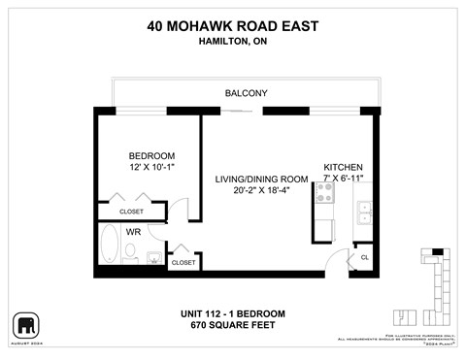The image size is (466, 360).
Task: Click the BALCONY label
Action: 246,93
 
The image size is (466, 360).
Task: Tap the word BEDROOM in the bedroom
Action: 151,156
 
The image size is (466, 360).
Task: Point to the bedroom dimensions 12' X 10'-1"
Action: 151,169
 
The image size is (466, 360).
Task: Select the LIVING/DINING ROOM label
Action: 262,180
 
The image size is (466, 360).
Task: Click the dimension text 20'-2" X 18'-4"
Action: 262,191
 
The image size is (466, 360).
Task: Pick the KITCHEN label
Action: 343,167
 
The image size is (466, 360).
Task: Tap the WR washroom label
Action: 134,233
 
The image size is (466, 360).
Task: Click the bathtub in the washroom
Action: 108,245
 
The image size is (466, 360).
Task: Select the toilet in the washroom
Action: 130,254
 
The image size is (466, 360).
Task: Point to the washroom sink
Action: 152,258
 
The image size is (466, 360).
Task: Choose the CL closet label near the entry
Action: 364,257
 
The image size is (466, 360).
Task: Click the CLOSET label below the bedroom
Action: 132,212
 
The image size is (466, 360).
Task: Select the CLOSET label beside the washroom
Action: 183,263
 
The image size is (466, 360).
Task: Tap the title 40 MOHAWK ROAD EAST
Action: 233,26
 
